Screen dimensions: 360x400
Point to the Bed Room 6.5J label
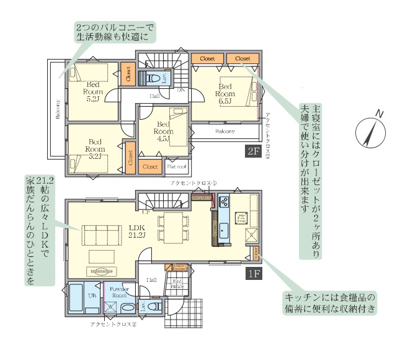coord(224,94)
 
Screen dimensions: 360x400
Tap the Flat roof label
coord(177,167)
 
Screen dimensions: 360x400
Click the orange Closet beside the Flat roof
coord(150,167)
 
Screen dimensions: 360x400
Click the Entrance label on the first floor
coord(176,283)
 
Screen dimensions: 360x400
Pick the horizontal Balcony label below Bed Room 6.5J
coord(224,132)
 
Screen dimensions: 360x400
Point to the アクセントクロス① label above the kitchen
coord(193,184)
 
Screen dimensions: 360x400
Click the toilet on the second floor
coord(152,78)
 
